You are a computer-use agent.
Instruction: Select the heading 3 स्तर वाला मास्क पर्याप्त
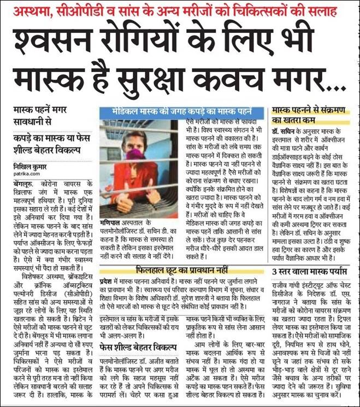(x=308, y=271)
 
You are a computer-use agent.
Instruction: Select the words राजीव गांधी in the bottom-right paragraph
(x=287, y=282)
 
